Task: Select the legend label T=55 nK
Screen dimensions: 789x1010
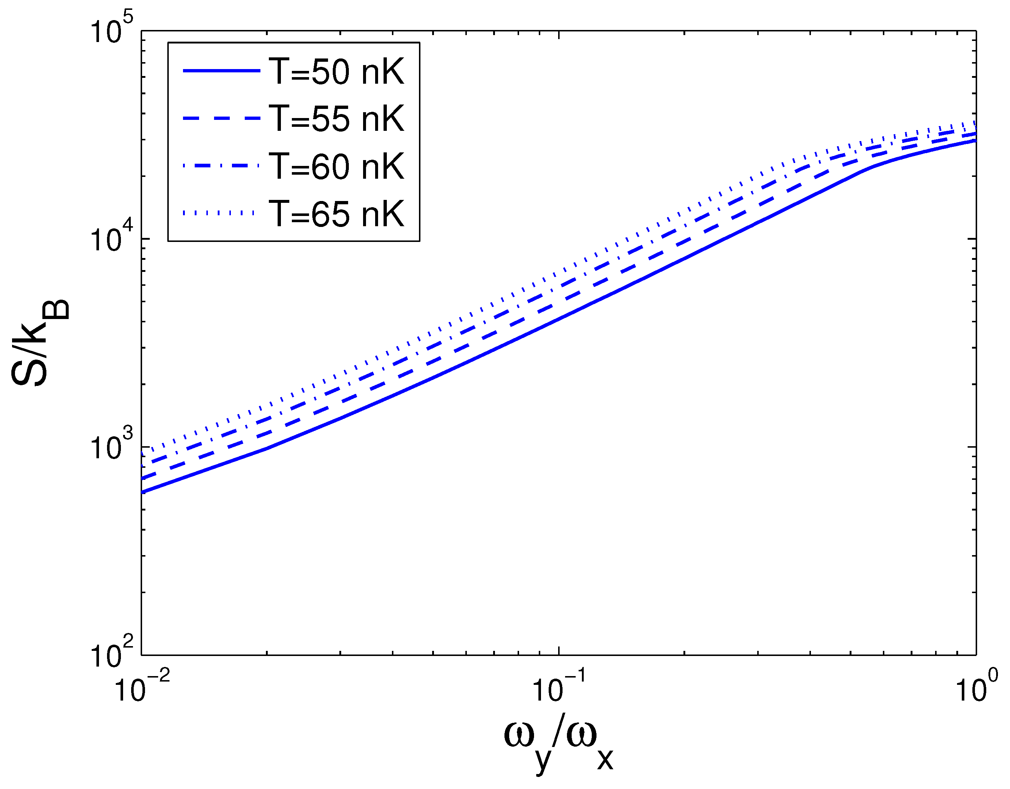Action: pos(336,119)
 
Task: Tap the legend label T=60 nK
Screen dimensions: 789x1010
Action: pos(336,166)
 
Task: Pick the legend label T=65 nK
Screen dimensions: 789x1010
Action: pos(336,214)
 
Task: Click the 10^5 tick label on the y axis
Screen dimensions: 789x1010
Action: pos(111,29)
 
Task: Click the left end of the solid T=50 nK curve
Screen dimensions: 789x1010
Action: pos(142,492)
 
